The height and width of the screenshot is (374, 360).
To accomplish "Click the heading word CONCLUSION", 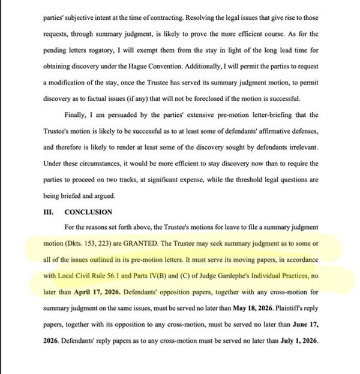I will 89,212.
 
